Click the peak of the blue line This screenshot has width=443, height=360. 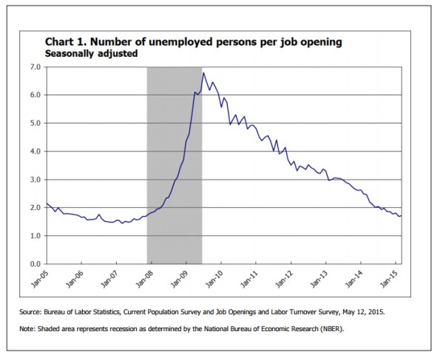203,72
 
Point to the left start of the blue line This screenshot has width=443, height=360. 47,203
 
